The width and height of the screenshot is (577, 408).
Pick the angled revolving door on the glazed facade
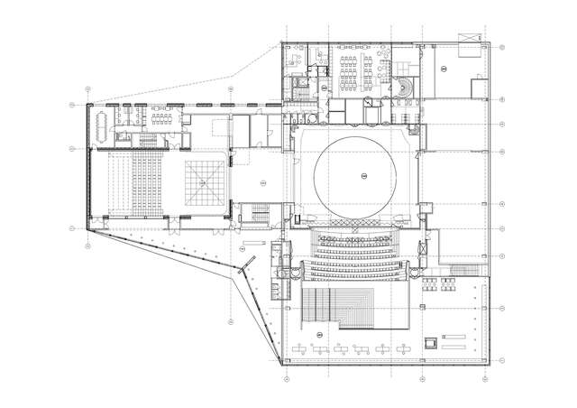tap(243, 269)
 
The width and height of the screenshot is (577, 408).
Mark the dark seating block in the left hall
tap(144, 185)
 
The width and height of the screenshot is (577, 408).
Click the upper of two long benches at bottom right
tap(458, 336)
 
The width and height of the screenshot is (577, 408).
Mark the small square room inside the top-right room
tap(476, 88)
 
